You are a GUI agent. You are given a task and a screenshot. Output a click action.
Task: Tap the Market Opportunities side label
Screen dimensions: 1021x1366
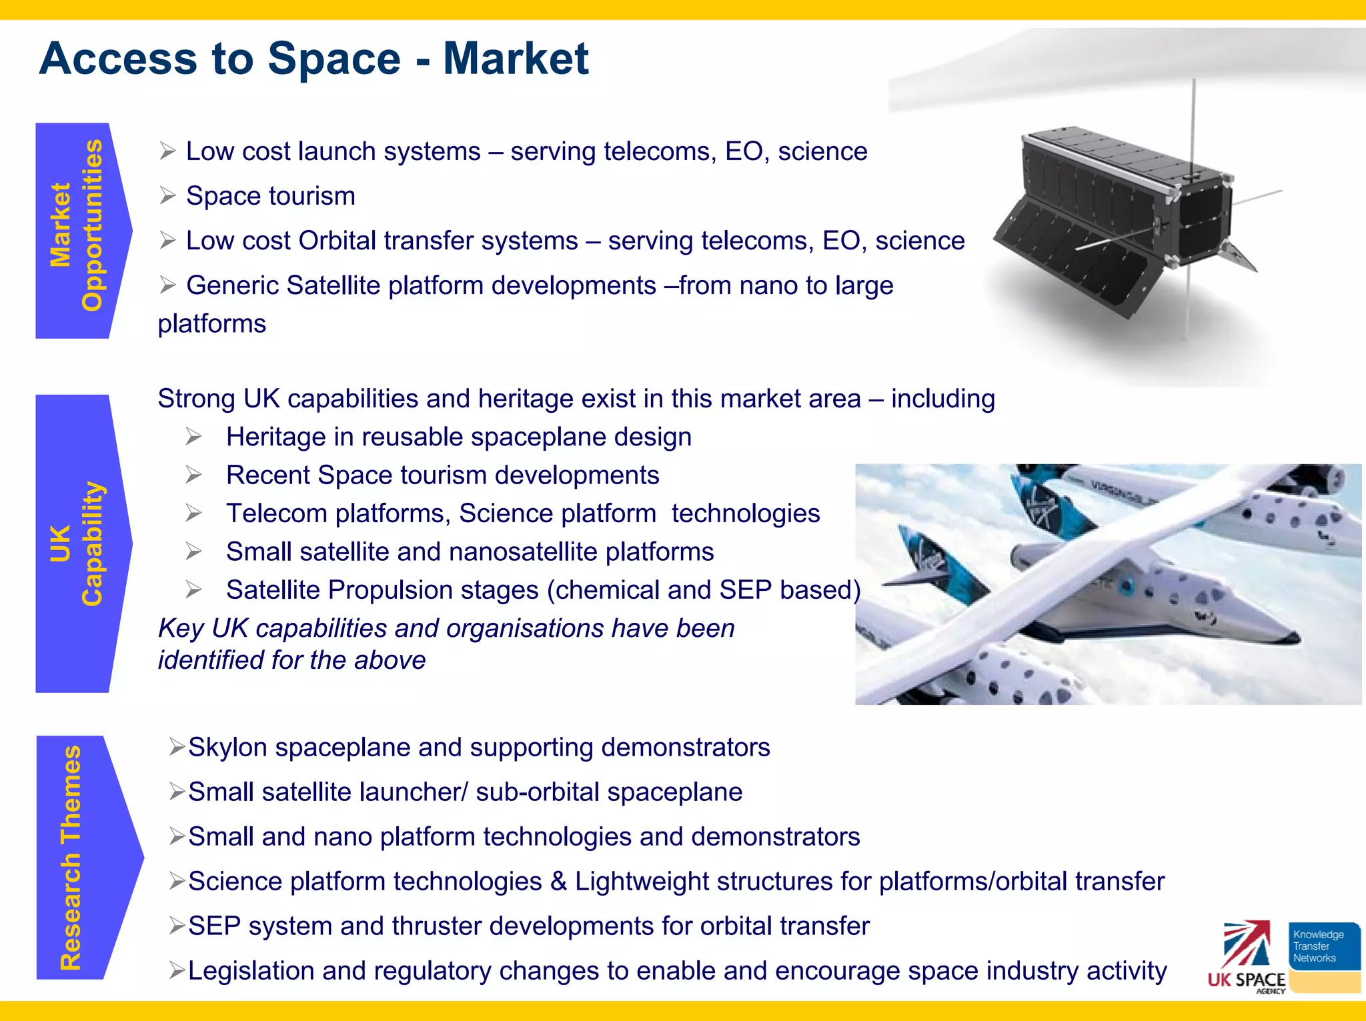pyautogui.click(x=77, y=227)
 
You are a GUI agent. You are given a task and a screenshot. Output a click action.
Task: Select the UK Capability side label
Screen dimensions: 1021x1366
pyautogui.click(x=77, y=543)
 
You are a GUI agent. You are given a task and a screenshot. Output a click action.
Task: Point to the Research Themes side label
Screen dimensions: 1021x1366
pyautogui.click(x=72, y=856)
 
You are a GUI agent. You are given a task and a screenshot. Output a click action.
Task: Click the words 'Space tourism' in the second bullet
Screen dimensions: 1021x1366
pyautogui.click(x=270, y=196)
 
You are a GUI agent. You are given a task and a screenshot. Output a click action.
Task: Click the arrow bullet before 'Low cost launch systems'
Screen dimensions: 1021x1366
pyautogui.click(x=167, y=151)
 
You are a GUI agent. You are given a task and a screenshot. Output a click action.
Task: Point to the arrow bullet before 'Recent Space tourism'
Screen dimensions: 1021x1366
pyautogui.click(x=194, y=475)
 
